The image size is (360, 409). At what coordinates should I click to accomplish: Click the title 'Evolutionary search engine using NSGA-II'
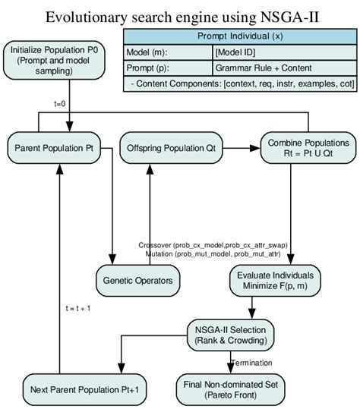(x=179, y=17)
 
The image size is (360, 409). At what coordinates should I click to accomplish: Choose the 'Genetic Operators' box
(x=137, y=281)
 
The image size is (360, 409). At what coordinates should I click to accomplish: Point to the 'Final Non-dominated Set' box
(x=232, y=390)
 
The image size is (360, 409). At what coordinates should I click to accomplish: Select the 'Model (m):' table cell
(x=169, y=52)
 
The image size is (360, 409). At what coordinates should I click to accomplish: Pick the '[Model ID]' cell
(x=285, y=52)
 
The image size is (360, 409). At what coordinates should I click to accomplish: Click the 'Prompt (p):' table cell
(x=169, y=68)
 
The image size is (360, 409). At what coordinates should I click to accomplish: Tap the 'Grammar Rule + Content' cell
(x=285, y=68)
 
